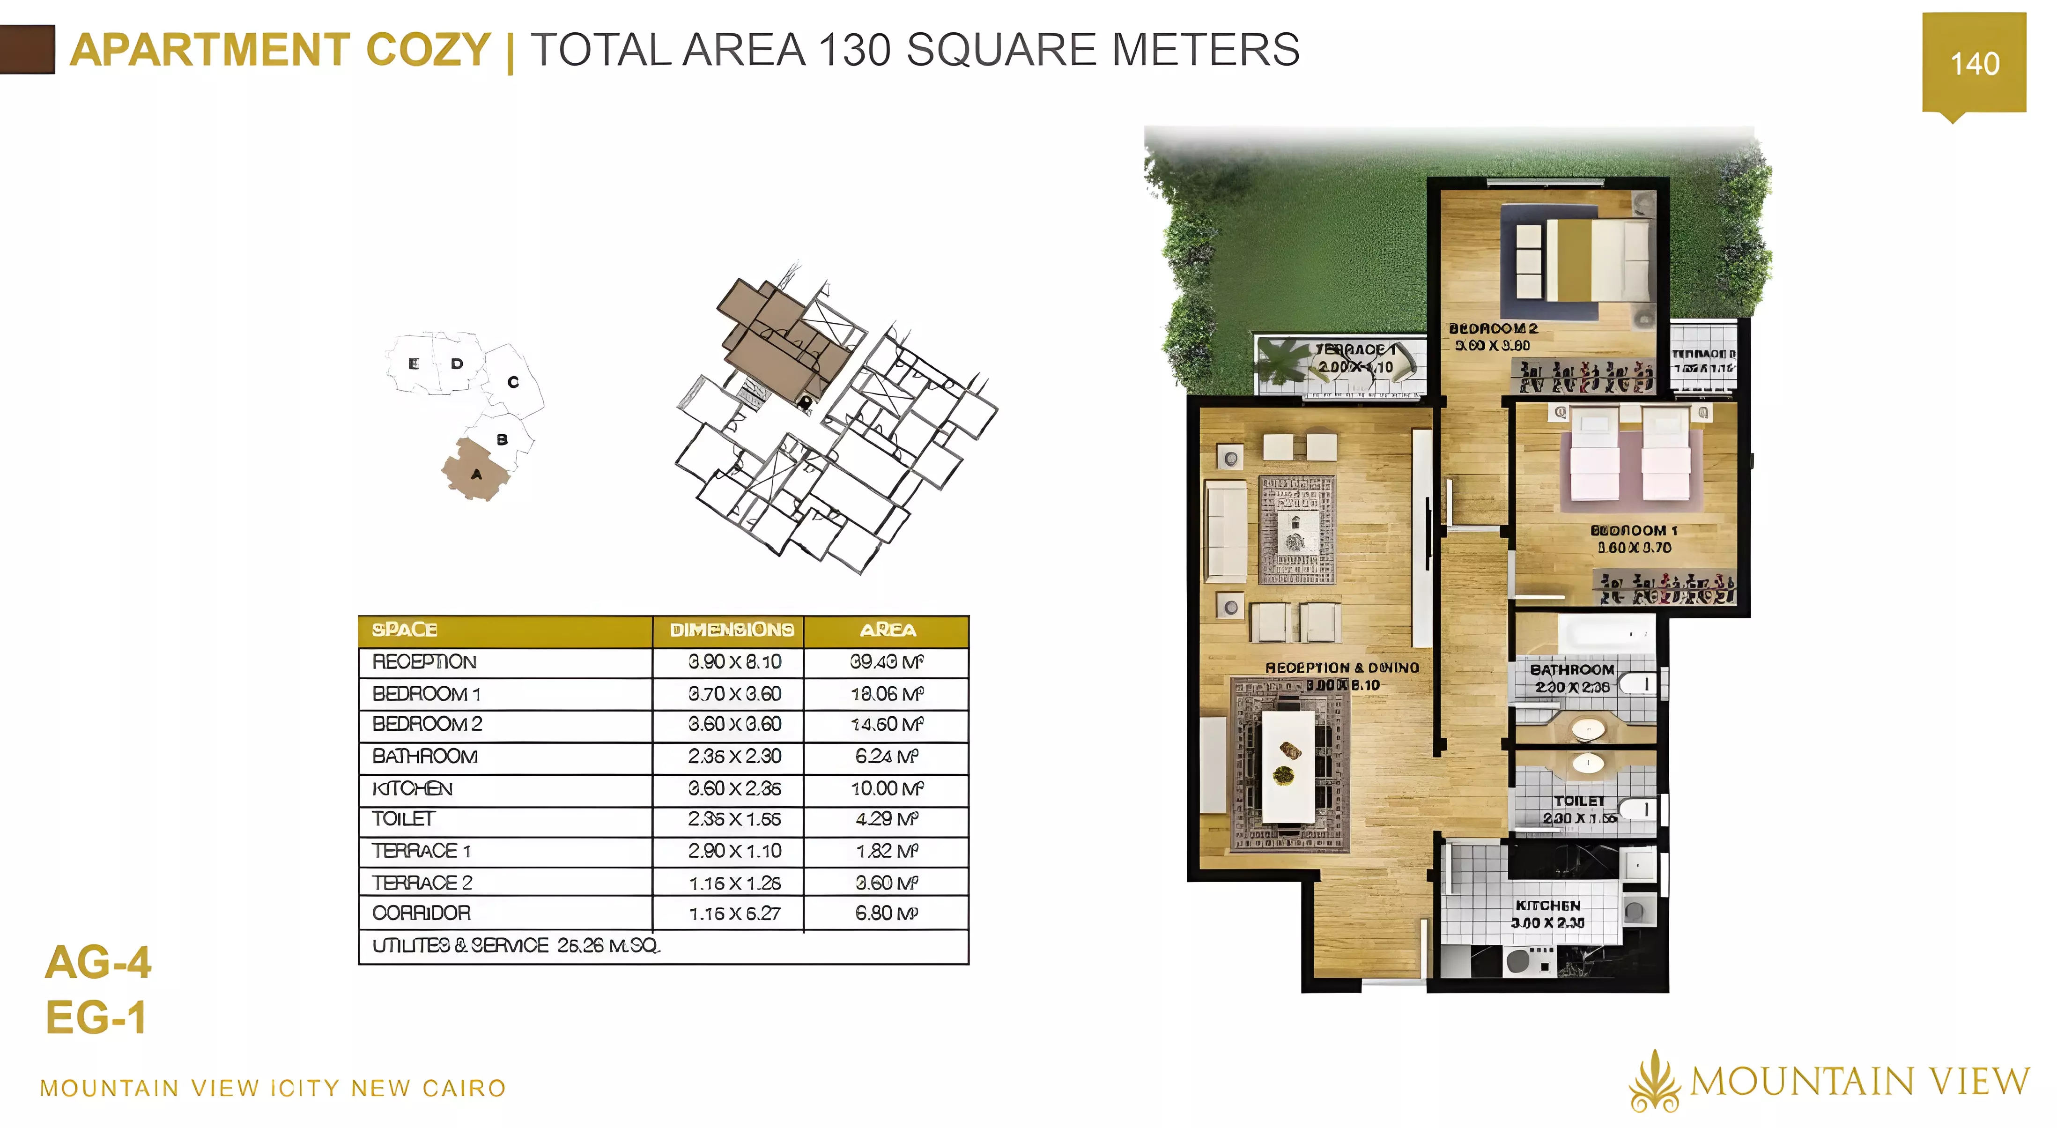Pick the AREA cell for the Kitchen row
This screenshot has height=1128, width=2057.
(x=887, y=788)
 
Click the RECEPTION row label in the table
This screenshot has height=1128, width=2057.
(x=424, y=661)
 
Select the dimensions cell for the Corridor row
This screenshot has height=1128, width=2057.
(x=734, y=913)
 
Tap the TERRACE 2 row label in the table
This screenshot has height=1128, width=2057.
(x=422, y=883)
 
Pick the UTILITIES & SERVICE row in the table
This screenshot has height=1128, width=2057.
(x=515, y=946)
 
